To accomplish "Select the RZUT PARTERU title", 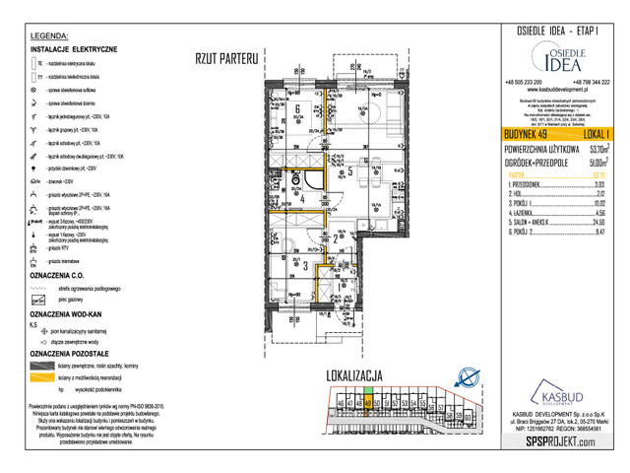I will (225, 58).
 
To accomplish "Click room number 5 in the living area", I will (351, 169).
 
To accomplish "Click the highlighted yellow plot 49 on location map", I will (368, 402).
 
